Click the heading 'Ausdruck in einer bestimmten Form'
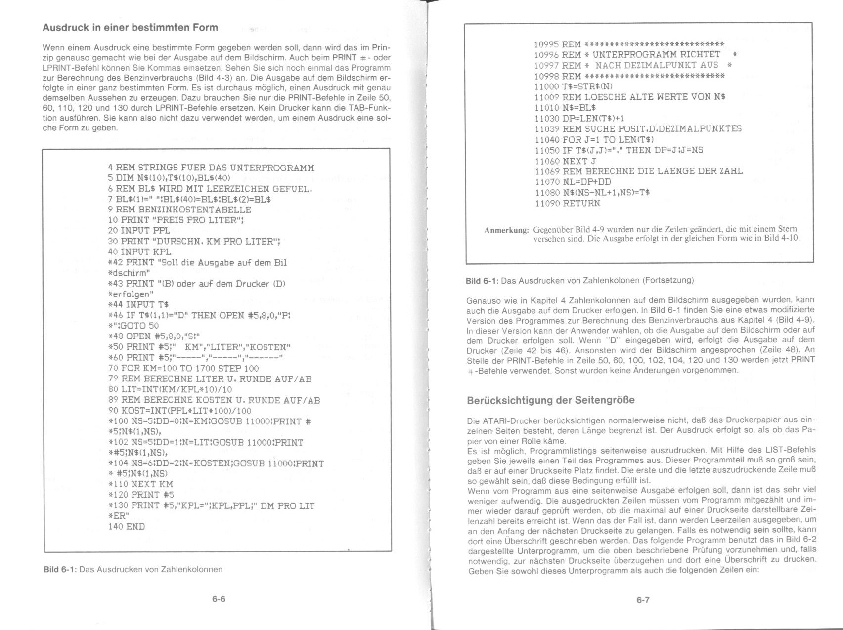pyautogui.click(x=130, y=27)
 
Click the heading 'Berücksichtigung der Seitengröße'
pyautogui.click(x=551, y=400)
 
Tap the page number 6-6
pyautogui.click(x=219, y=599)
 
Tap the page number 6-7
pyautogui.click(x=643, y=600)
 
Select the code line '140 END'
pyautogui.click(x=127, y=526)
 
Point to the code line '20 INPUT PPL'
pyautogui.click(x=139, y=230)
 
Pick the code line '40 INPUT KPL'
pyautogui.click(x=139, y=252)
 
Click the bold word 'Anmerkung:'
pyautogui.click(x=506, y=230)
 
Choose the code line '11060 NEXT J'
pyautogui.click(x=565, y=161)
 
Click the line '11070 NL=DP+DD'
pyautogui.click(x=573, y=182)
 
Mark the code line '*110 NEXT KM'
pyautogui.click(x=140, y=484)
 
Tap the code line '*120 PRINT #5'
pyautogui.click(x=141, y=495)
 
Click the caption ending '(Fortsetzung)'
pyautogui.click(x=579, y=281)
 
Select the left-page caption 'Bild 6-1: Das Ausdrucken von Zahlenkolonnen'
pyautogui.click(x=133, y=569)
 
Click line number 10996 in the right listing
pyautogui.click(x=546, y=54)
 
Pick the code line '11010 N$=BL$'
pyautogui.click(x=565, y=107)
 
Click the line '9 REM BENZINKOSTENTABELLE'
pyautogui.click(x=179, y=210)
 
